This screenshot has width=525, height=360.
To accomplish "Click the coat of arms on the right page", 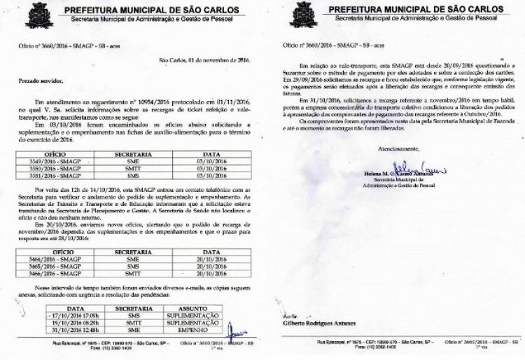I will pyautogui.click(x=302, y=14).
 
